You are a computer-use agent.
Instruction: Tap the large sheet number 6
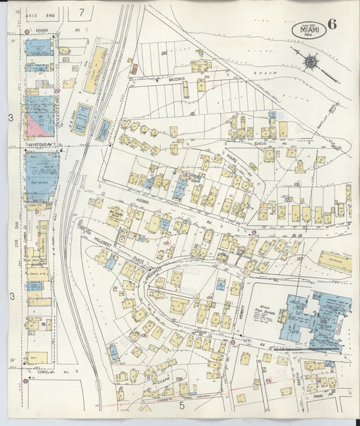332,26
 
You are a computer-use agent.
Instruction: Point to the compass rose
310,62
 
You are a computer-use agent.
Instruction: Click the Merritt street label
243,309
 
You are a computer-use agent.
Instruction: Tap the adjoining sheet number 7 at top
82,11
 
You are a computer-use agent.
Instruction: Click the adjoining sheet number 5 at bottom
181,406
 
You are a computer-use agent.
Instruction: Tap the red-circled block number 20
57,90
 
